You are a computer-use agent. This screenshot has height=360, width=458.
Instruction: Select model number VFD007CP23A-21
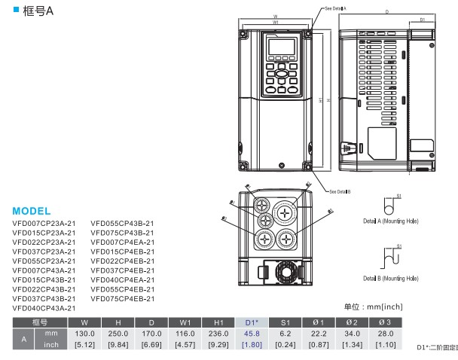[x=44, y=223]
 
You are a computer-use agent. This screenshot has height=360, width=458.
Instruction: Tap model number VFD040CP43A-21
[x=44, y=308]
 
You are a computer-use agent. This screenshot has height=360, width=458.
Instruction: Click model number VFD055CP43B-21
[x=123, y=223]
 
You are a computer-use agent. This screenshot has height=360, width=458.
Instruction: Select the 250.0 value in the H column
[x=118, y=333]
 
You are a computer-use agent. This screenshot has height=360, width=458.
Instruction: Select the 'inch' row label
[x=50, y=344]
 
